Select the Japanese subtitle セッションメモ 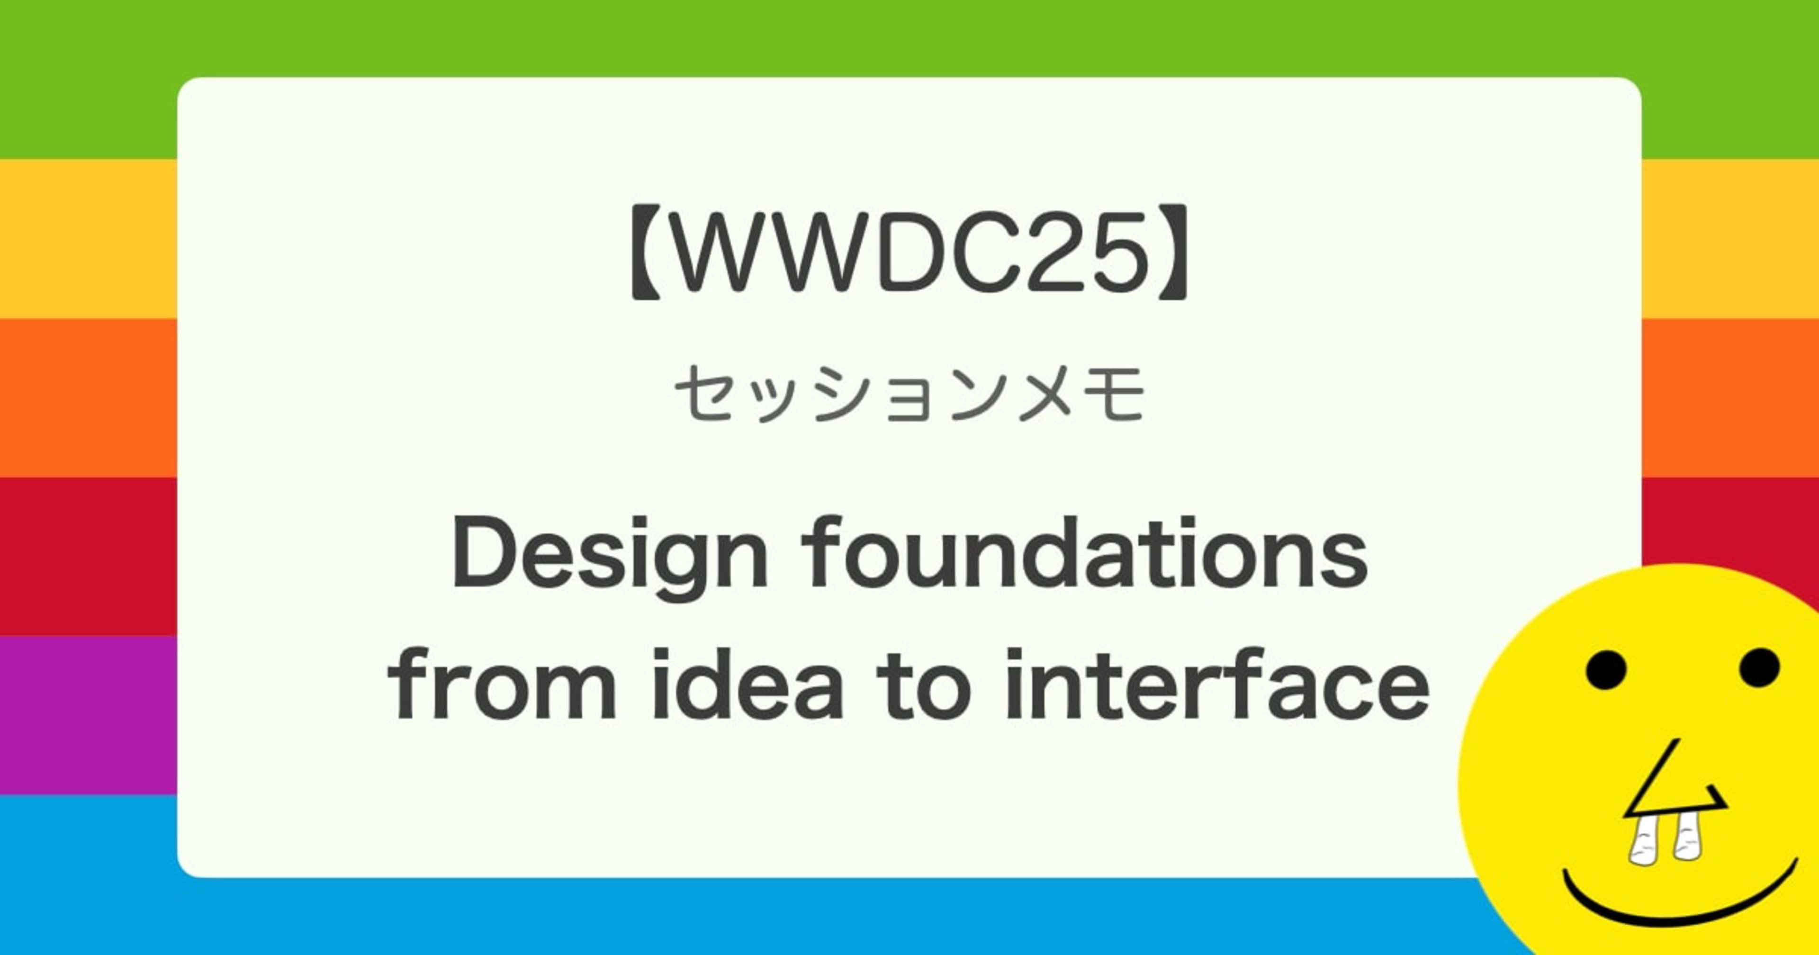point(909,394)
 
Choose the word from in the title point(502,685)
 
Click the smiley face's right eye point(1759,667)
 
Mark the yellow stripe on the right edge point(1730,239)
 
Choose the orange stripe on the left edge point(88,398)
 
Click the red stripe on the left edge point(88,557)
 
